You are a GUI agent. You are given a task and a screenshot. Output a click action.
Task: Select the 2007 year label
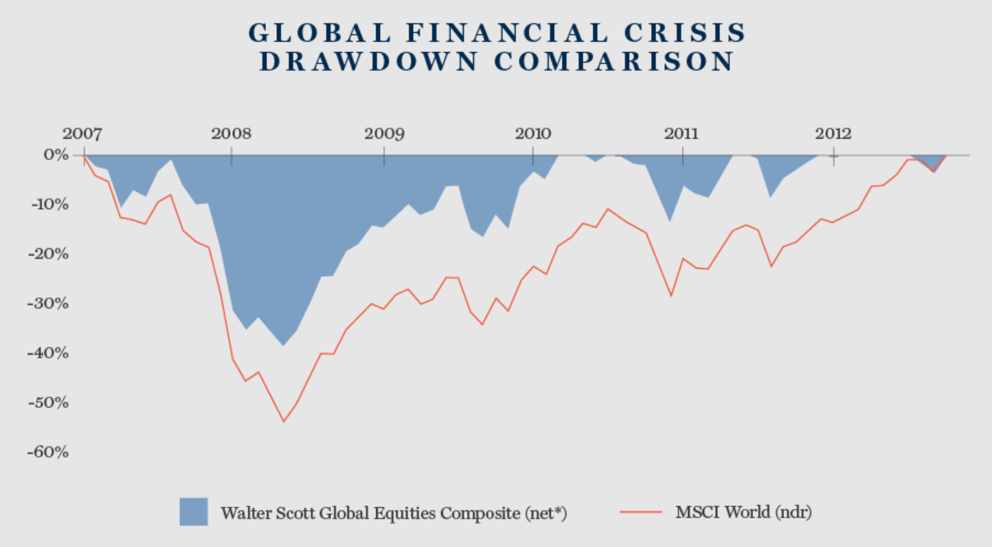[x=83, y=134]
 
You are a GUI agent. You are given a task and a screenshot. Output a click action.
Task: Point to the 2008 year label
[x=231, y=134]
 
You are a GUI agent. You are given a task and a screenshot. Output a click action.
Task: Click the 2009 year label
[x=384, y=134]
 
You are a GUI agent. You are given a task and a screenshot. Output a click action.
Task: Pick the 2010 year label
[x=533, y=134]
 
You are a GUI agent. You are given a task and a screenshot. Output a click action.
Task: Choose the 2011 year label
[x=683, y=134]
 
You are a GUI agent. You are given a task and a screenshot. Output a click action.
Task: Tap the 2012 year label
[x=833, y=134]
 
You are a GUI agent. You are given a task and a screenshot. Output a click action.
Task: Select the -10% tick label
[x=48, y=204]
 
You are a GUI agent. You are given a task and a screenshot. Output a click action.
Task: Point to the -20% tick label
[x=48, y=254]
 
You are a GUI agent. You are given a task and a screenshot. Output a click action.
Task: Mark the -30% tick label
[x=48, y=303]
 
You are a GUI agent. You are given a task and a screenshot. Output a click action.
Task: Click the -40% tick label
[x=48, y=353]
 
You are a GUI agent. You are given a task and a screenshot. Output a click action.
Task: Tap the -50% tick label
[x=48, y=402]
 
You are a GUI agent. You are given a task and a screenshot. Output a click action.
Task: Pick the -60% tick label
[x=48, y=452]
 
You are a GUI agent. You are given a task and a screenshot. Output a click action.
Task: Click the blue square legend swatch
[x=193, y=512]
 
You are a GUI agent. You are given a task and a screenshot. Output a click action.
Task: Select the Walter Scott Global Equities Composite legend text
[x=394, y=512]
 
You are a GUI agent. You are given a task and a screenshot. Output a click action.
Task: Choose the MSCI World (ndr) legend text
[x=744, y=512]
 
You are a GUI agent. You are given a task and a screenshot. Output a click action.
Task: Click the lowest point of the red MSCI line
[x=283, y=421]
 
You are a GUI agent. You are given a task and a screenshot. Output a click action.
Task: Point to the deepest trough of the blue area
[x=283, y=345]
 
